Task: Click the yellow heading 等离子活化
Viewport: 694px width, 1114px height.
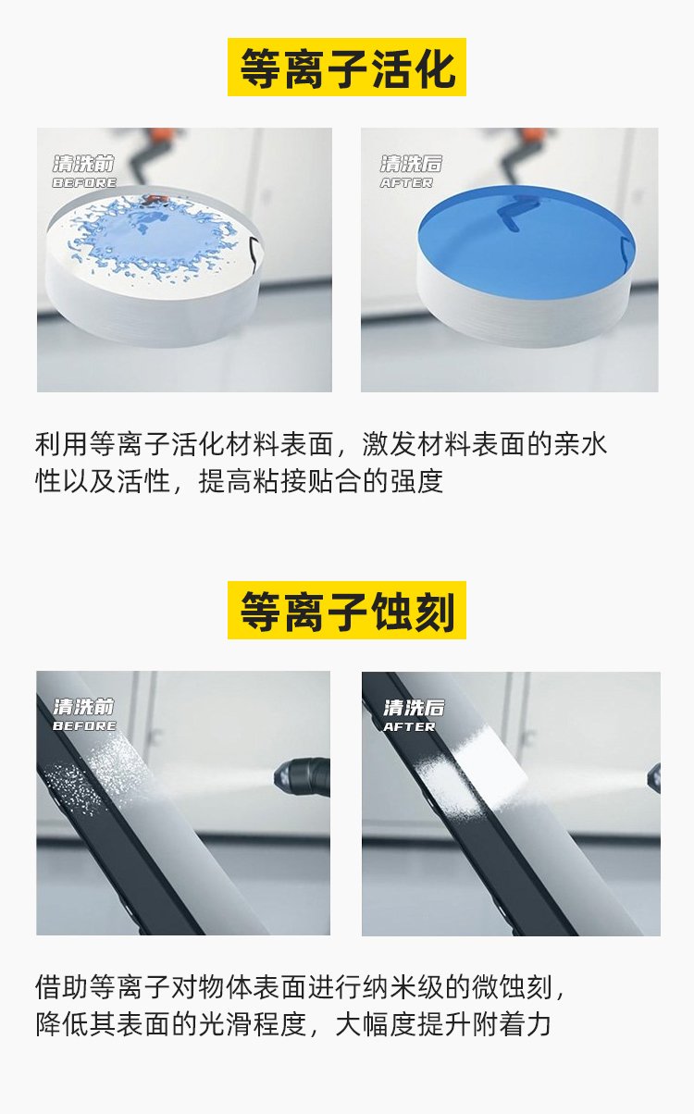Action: coord(347,68)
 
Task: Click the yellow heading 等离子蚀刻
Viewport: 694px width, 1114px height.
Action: coord(347,611)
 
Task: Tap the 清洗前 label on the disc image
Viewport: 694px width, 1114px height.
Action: coord(84,165)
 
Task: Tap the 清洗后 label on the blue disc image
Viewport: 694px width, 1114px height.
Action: coord(411,165)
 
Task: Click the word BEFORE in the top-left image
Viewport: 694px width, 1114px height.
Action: coord(84,183)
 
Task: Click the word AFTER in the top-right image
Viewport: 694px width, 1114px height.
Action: coord(406,183)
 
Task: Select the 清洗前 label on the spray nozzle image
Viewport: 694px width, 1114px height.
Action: coord(84,707)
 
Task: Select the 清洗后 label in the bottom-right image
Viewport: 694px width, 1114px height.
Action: coord(414,708)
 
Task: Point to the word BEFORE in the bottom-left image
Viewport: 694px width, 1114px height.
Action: coord(84,726)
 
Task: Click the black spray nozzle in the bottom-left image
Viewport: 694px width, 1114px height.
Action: coord(305,772)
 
